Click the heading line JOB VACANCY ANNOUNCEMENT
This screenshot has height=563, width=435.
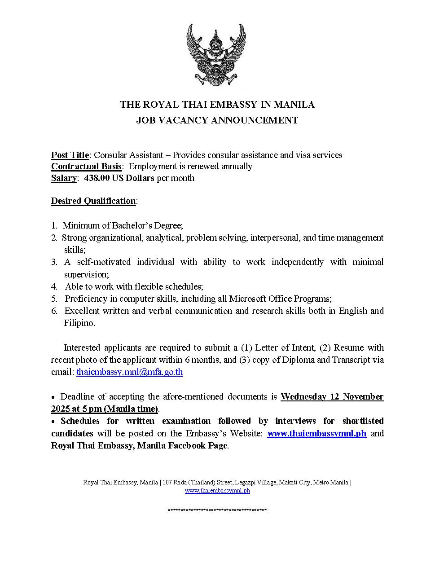pyautogui.click(x=217, y=120)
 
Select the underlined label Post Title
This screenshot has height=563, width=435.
pyautogui.click(x=70, y=155)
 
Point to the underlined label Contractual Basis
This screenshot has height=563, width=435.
pyautogui.click(x=86, y=167)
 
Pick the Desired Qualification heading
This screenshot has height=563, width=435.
pyautogui.click(x=93, y=201)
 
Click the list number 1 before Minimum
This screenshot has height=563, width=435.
pyautogui.click(x=53, y=226)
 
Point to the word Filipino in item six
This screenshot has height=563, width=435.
pyautogui.click(x=79, y=323)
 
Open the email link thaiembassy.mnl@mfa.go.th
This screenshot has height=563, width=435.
pyautogui.click(x=130, y=372)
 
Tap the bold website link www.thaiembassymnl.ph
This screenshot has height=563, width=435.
pyautogui.click(x=317, y=433)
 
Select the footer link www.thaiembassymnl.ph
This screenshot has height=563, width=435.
pyautogui.click(x=217, y=491)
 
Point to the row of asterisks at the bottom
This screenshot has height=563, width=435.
pyautogui.click(x=217, y=510)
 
